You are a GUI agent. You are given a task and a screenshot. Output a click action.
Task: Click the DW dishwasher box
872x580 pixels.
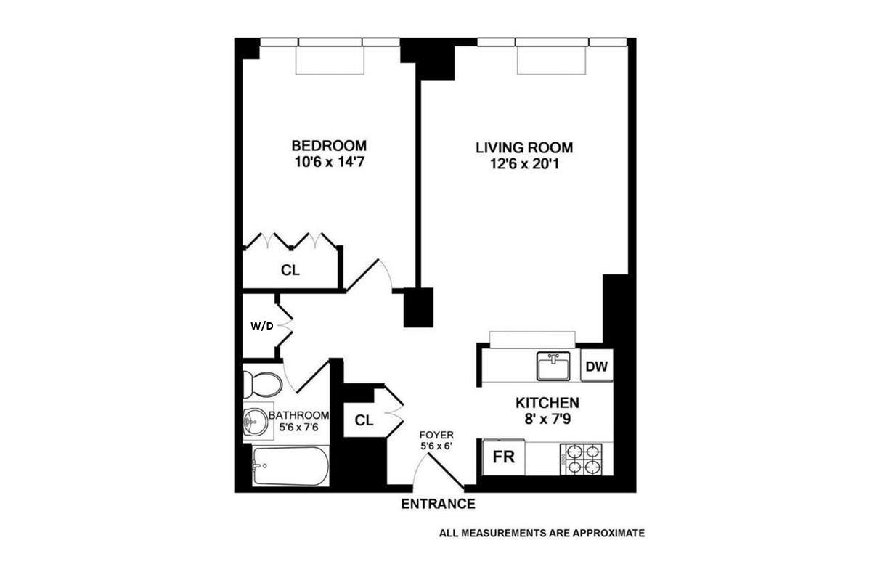597,366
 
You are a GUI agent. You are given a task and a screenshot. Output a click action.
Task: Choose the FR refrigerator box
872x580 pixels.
504,458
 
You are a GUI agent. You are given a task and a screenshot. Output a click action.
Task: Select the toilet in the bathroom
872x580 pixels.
262,383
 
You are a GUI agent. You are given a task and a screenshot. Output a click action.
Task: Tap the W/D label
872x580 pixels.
262,326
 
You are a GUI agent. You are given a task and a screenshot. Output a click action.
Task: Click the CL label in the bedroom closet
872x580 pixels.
290,270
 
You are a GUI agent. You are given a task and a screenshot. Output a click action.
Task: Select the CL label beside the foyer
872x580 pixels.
364,421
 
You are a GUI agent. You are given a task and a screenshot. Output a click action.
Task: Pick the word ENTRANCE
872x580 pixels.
439,504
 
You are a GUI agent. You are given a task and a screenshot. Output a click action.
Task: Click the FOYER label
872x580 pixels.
436,435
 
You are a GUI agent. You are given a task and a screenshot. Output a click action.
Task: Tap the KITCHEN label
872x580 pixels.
547,403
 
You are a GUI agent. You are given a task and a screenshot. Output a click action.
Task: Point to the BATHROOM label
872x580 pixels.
298,415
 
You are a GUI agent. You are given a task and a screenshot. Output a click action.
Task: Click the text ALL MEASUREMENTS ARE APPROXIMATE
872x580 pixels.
542,533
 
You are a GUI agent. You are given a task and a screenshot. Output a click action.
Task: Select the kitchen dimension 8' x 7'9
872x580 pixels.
547,419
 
